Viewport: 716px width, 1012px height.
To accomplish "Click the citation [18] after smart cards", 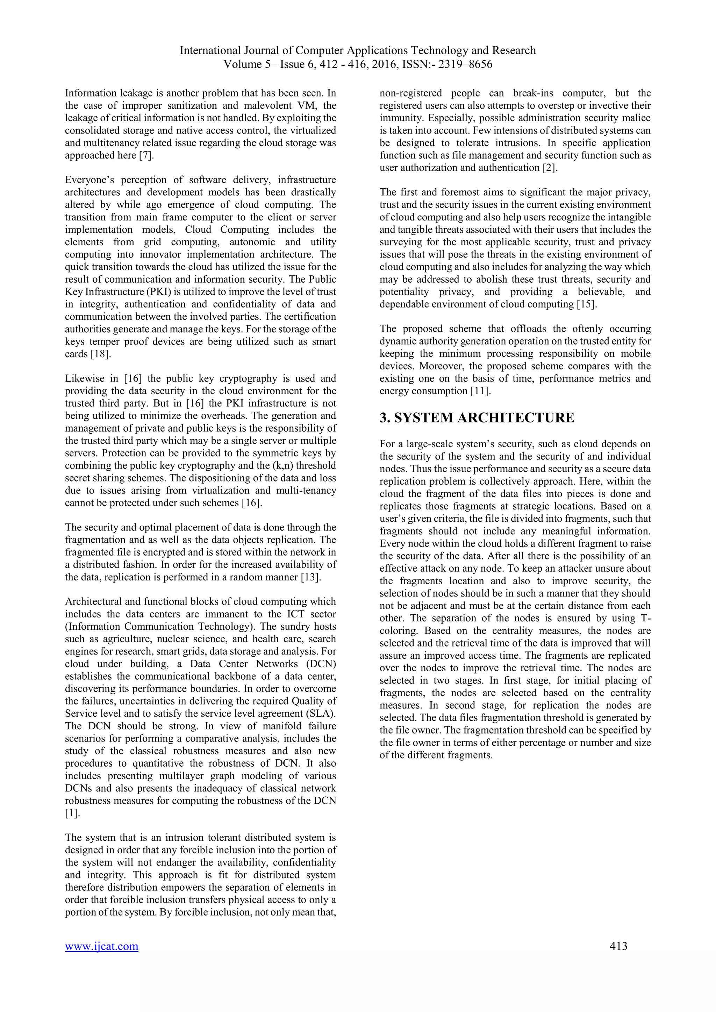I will click(x=100, y=354).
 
